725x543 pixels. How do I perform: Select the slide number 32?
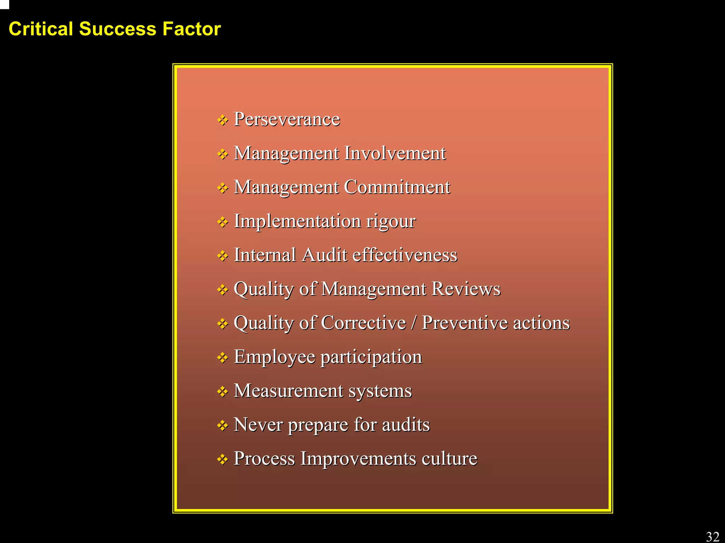(x=713, y=537)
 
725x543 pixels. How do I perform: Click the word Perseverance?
(x=287, y=119)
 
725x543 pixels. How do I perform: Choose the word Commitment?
(x=397, y=187)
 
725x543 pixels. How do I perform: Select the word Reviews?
(x=466, y=289)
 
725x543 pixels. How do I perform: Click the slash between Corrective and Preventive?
(x=413, y=323)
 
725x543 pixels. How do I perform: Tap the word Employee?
(x=274, y=357)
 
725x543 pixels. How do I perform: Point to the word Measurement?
(x=289, y=391)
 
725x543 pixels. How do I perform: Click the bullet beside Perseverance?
(x=223, y=120)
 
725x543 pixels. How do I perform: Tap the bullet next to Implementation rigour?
(x=223, y=222)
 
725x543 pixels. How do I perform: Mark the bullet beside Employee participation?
(x=223, y=358)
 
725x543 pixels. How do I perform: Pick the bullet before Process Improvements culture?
(x=223, y=459)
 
